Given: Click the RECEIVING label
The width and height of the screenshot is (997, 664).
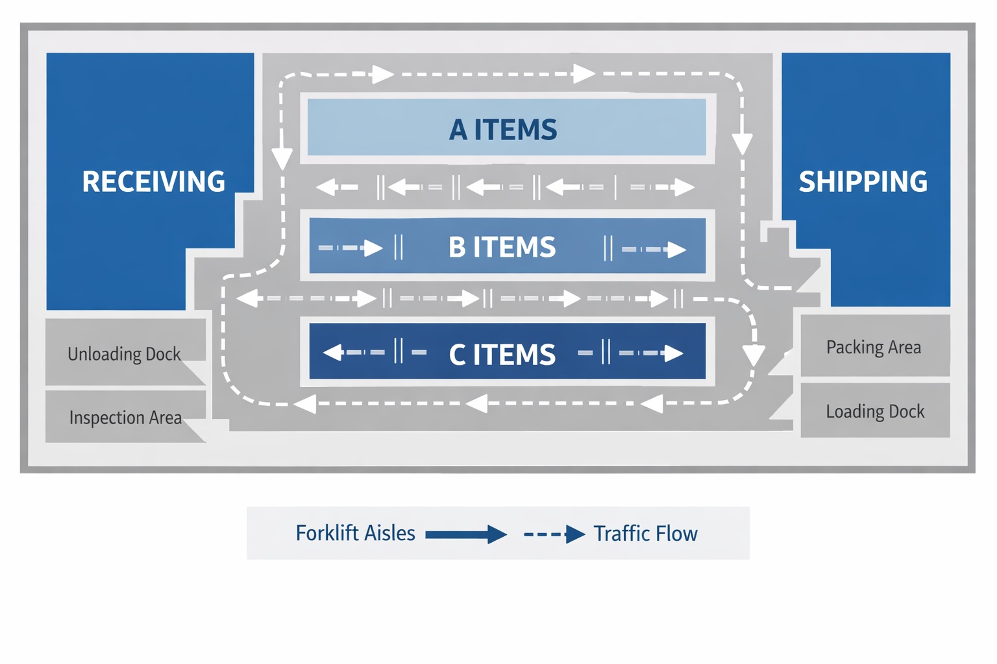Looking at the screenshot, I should (x=153, y=182).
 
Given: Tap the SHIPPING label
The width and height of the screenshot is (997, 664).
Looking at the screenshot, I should (x=863, y=182).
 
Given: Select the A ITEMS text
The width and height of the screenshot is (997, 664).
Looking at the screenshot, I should (x=503, y=130).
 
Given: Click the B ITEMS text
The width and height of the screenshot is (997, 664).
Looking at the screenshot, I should (x=502, y=247).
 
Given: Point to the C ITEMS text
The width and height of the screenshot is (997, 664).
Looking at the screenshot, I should (x=502, y=355).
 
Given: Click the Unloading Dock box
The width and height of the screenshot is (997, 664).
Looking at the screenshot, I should (x=125, y=353).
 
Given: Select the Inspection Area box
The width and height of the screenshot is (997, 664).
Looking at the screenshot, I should (x=125, y=417).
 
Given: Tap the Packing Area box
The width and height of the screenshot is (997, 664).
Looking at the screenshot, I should (x=874, y=347).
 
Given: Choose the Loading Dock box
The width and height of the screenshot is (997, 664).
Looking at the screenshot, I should (x=875, y=411).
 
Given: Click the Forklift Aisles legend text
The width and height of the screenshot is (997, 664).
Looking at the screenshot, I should (x=355, y=533).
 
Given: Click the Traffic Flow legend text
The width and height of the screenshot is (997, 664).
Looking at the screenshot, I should (x=645, y=534).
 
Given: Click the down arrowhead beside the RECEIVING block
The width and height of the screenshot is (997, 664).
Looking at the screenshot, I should (x=282, y=158).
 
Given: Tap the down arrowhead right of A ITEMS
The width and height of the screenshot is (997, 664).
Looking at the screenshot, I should (x=742, y=143).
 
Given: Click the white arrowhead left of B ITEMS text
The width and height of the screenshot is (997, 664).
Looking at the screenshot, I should (x=373, y=248).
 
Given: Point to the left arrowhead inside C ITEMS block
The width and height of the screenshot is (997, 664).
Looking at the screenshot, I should (x=333, y=353).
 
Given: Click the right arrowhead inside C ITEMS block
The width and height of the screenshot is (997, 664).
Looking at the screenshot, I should (x=674, y=353).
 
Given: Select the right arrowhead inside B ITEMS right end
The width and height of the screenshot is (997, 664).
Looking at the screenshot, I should (x=677, y=250).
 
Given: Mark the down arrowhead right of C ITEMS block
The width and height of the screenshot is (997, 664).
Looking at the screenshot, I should (x=753, y=355).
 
